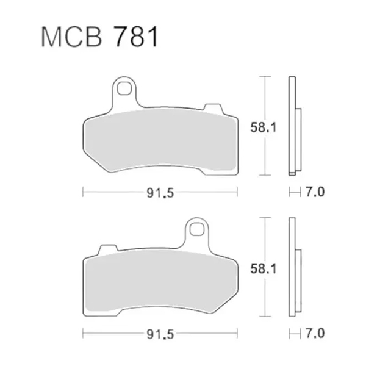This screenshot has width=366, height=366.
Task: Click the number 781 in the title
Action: tap(135, 37)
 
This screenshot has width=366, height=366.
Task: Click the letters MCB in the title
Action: tap(73, 37)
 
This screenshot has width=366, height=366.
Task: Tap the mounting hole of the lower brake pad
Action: tap(196, 229)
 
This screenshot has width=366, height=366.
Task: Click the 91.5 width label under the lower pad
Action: tap(160, 335)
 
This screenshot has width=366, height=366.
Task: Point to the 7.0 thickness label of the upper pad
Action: tap(312, 193)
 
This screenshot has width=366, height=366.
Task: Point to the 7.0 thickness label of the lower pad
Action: tap(312, 335)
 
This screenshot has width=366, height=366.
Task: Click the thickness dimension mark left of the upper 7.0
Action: tap(293, 193)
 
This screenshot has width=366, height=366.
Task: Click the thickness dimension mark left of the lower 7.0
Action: tap(293, 335)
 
